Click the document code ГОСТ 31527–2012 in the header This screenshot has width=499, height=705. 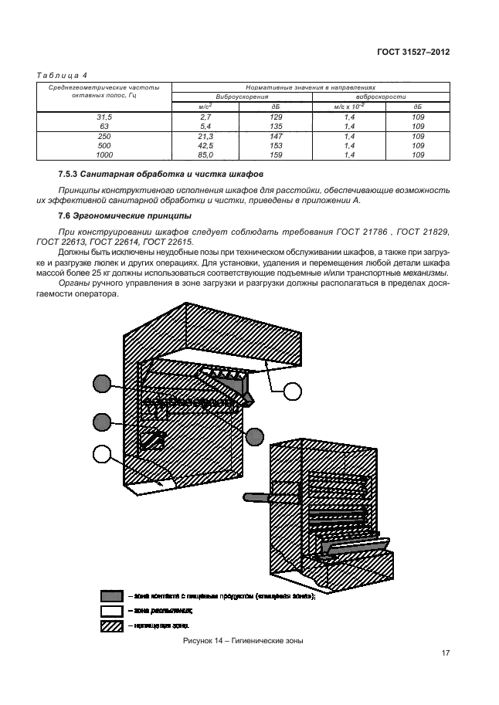pos(413,53)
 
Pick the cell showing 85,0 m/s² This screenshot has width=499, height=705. pos(205,154)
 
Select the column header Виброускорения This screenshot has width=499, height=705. pos(242,98)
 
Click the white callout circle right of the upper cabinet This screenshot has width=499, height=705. pos(292,391)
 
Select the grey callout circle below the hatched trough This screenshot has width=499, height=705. pos(255,434)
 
